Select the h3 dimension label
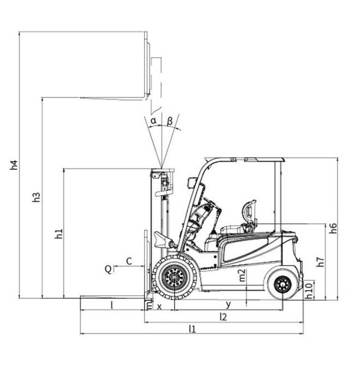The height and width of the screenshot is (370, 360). point(36,198)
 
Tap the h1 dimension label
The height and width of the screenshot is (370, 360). point(58,234)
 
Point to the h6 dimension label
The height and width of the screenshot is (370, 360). point(333,229)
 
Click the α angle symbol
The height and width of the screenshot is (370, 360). point(154,120)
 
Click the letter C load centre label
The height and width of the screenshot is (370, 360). point(129,261)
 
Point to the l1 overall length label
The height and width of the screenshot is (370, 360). point(192,329)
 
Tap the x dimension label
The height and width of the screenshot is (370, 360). point(160,306)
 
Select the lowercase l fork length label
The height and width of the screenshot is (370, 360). point(112,305)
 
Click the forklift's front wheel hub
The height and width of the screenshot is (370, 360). point(175,277)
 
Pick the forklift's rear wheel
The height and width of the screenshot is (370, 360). point(283,284)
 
